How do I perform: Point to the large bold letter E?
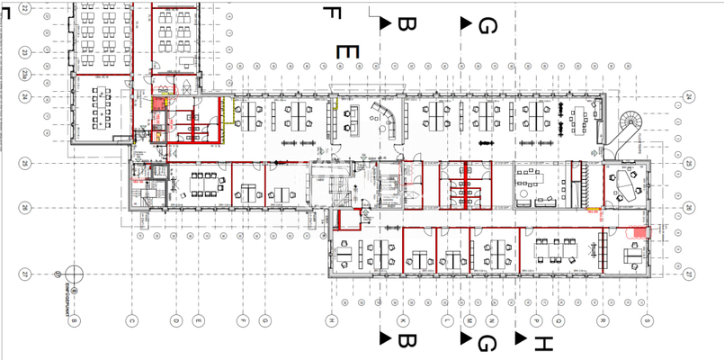(347, 51)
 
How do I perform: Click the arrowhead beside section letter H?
(521, 338)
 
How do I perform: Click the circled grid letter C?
(130, 319)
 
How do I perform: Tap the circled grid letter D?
(175, 319)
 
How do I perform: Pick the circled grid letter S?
(646, 319)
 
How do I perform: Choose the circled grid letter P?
(536, 319)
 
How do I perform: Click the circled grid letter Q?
(559, 319)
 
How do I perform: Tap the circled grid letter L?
(447, 319)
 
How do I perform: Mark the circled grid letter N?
(492, 319)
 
